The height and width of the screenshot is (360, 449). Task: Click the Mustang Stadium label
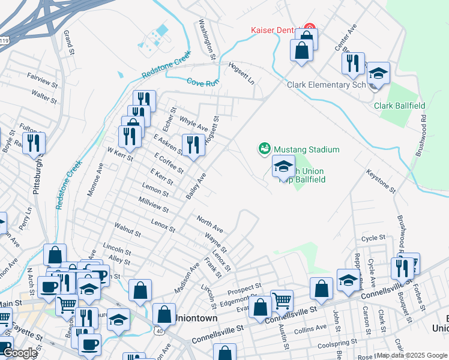point(306,149)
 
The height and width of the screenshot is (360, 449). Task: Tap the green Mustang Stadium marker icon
point(263,148)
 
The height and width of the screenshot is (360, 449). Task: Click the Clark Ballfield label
point(399,106)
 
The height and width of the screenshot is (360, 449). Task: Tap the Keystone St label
point(381,181)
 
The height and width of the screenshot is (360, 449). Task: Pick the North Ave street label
point(209,224)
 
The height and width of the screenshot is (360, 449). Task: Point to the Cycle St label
point(372,238)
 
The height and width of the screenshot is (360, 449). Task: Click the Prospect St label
point(245,289)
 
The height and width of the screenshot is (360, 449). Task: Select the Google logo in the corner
point(20,353)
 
